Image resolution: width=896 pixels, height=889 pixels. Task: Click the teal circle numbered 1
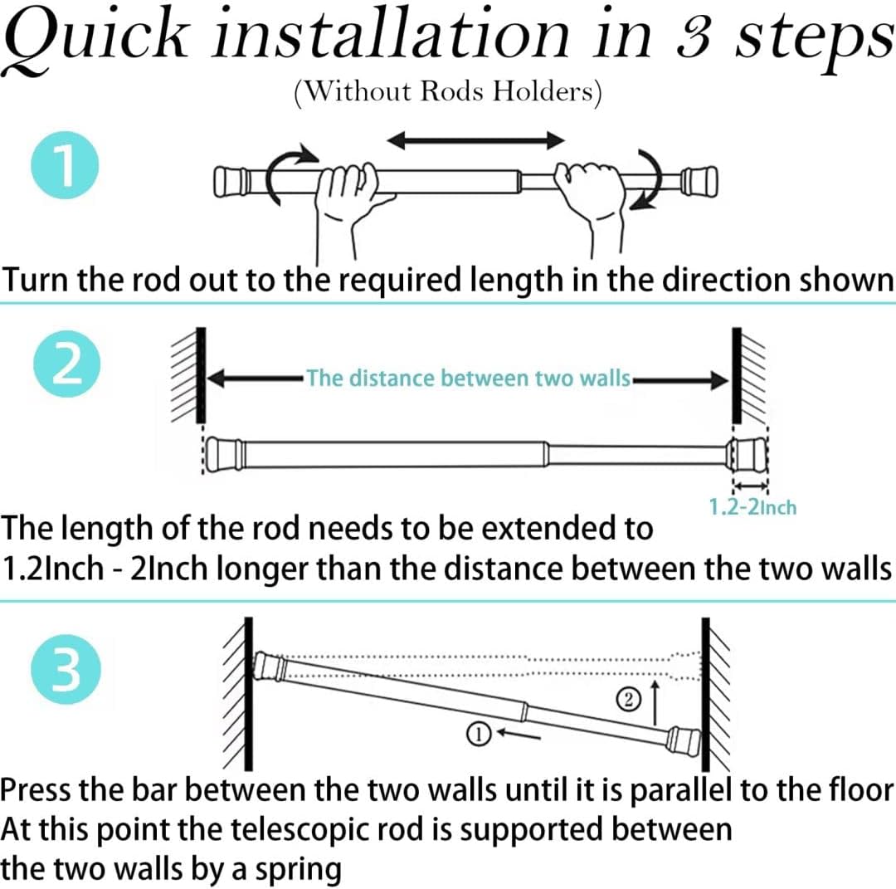coord(65,164)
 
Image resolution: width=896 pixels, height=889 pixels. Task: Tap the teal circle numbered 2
coord(65,367)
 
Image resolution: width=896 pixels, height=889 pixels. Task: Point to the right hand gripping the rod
coord(590,191)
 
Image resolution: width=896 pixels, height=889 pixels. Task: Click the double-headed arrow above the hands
coord(476,140)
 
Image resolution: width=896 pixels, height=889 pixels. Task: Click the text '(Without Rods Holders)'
coord(447,90)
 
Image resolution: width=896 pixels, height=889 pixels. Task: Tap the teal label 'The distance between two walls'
coord(468,379)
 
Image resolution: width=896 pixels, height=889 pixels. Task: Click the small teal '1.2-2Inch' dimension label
coord(752,506)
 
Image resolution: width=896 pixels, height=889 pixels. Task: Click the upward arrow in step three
coord(657,701)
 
